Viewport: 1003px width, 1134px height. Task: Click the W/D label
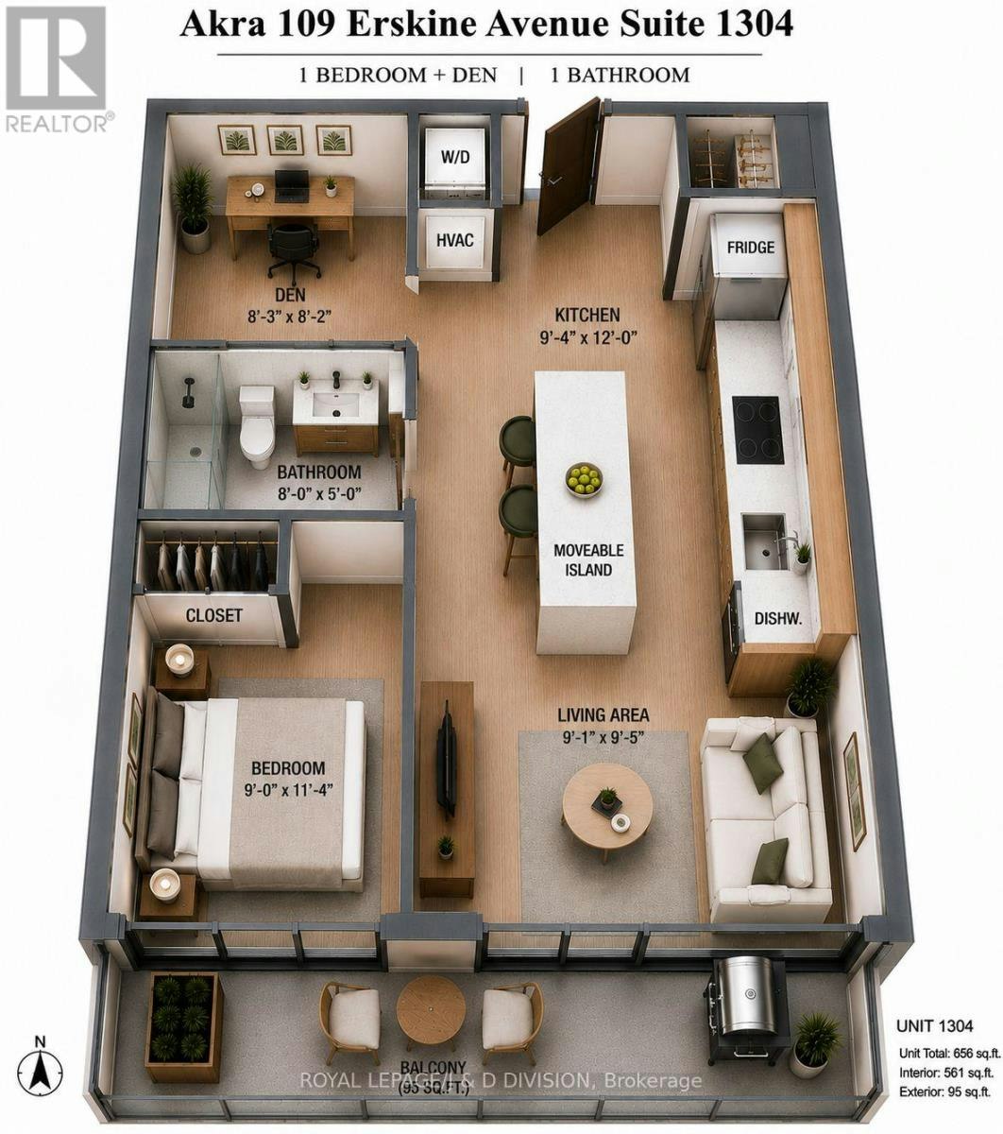455,157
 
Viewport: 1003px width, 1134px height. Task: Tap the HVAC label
454,240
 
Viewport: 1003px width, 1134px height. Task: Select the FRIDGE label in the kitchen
750,248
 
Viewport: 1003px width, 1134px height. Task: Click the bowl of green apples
584,480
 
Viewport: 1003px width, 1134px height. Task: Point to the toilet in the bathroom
257,426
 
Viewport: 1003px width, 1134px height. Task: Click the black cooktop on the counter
756,430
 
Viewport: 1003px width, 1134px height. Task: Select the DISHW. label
778,618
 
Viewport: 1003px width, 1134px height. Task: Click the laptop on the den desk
292,185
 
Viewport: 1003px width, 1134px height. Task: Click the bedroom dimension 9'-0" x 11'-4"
288,790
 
